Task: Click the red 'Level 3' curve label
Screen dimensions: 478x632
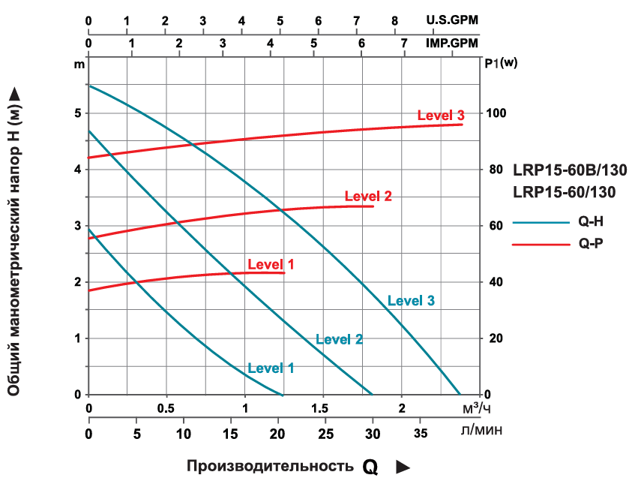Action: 441,116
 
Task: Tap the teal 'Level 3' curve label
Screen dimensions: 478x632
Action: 411,301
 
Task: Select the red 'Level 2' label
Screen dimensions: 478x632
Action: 368,197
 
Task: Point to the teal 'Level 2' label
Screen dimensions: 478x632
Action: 339,339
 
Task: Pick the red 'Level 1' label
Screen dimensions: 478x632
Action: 271,264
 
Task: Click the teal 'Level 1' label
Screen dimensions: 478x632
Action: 271,368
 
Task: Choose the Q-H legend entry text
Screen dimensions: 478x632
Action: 592,222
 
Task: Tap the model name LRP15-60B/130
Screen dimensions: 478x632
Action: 570,169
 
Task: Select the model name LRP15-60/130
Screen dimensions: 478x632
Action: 565,192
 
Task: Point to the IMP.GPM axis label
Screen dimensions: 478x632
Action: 450,43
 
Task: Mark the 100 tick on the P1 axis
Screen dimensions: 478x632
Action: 497,113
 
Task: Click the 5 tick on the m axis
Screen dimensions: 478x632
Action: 77,113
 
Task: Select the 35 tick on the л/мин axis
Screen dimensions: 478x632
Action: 421,433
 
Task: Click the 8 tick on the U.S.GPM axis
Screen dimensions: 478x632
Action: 395,20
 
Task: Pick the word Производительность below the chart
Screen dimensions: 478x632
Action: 270,466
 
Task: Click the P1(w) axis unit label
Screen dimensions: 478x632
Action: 501,63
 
